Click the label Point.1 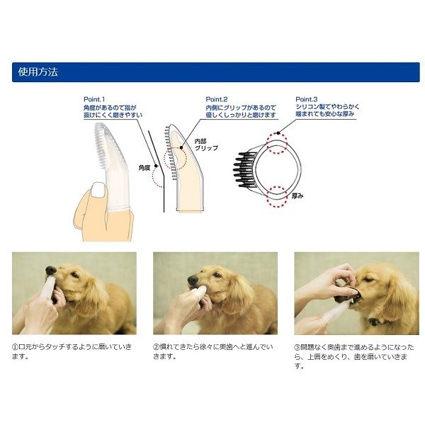click(x=93, y=99)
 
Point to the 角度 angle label click(x=144, y=168)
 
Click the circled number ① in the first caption click(x=16, y=348)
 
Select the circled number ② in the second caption click(x=157, y=348)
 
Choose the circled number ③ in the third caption click(x=298, y=348)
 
